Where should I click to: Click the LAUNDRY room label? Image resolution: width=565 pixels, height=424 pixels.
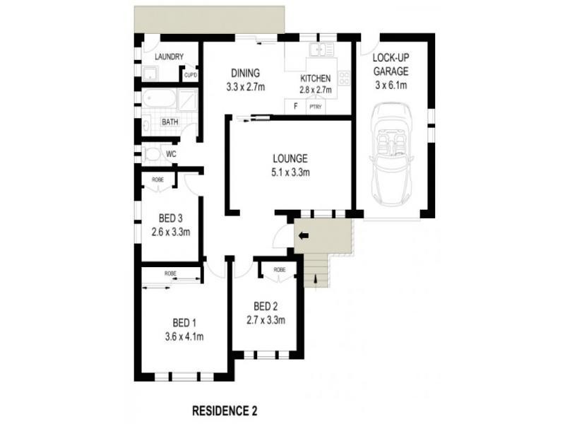point(169,57)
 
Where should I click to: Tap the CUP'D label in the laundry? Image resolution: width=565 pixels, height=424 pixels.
point(190,74)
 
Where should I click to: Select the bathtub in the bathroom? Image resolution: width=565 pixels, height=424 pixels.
point(158,100)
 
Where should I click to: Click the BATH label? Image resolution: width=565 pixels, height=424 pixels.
point(170,122)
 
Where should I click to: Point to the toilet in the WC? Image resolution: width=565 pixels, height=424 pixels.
point(150,153)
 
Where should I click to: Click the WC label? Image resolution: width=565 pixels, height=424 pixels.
point(171,153)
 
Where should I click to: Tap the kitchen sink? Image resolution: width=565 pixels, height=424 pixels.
point(322,49)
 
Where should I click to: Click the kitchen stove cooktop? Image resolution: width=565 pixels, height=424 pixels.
point(344,78)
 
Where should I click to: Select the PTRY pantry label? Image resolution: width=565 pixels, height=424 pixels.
point(315,107)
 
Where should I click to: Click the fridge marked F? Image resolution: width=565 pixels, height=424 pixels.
point(294,107)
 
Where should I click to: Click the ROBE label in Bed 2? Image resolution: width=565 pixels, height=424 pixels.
point(280,270)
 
